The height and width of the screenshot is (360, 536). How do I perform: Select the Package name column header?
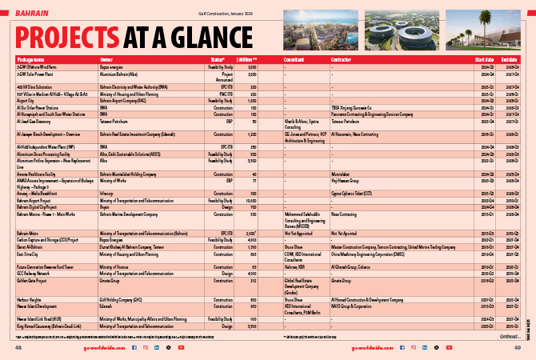[30, 59]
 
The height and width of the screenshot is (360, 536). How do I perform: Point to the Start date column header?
[483, 59]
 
